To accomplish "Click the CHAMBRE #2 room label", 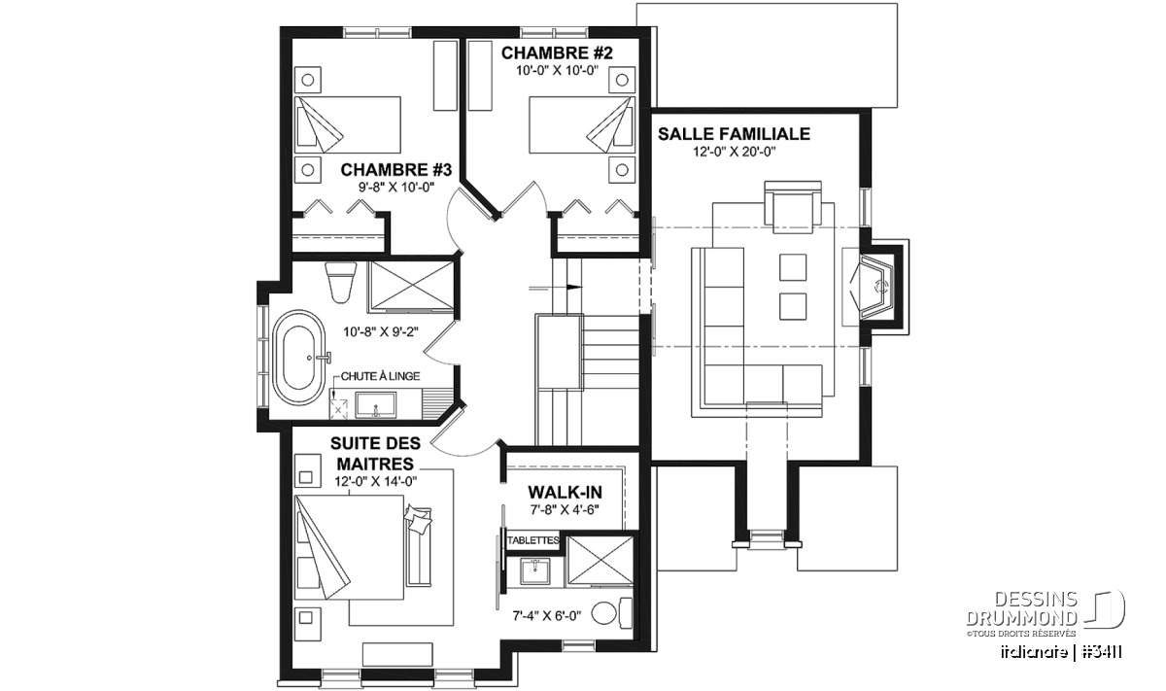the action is coord(557,53).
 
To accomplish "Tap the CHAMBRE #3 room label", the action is coord(396,170).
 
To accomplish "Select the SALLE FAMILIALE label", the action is coord(734,134).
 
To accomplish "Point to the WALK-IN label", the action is coord(565,492).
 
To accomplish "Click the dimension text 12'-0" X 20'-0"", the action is coord(734,152).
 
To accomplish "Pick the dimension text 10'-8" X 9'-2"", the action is coord(381,331).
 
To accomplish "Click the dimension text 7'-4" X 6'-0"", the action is coord(546,616).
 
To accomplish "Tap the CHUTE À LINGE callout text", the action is coord(381,376).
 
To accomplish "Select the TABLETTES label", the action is coord(533,540).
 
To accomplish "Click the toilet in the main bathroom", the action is coord(341,283).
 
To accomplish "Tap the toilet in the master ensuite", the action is coord(612,613).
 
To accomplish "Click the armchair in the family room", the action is coord(793,207).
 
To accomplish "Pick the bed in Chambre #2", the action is coord(582,124).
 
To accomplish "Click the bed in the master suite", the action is coord(349,547).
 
